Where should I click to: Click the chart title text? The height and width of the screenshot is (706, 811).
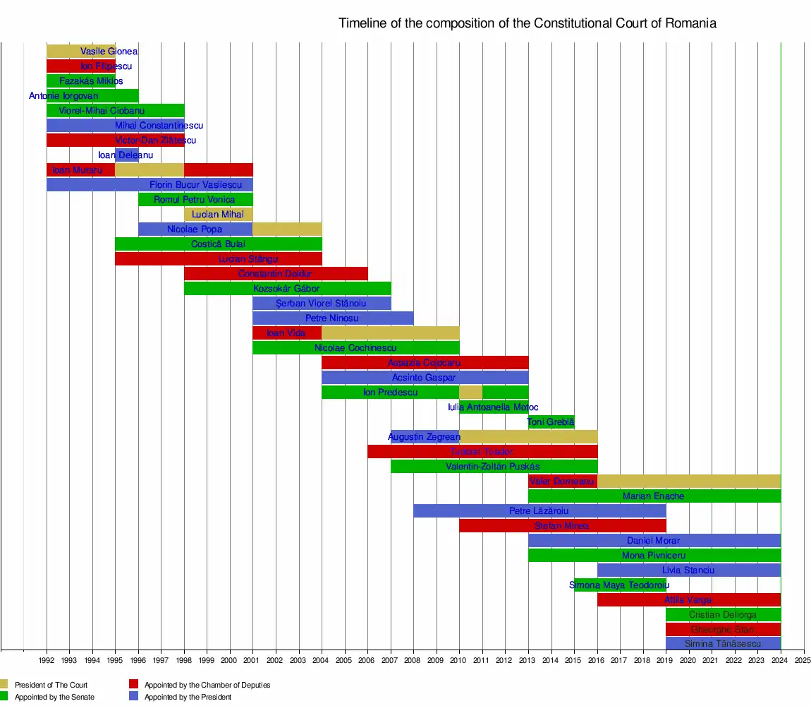tap(527, 23)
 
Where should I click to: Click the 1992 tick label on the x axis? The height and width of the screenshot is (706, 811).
tap(47, 662)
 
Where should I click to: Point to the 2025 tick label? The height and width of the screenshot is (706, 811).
tap(803, 662)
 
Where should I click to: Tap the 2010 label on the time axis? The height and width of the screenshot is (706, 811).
tap(459, 662)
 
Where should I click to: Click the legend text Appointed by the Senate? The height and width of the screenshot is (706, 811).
tap(54, 698)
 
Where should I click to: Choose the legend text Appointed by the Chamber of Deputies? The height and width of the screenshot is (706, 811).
tap(207, 685)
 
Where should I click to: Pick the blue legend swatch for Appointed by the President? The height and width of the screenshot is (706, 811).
tap(133, 698)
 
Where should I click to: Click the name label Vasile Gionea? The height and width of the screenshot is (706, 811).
tap(109, 52)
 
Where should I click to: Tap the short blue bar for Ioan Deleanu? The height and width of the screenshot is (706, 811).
tap(127, 155)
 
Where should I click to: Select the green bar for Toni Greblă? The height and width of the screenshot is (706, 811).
tap(551, 422)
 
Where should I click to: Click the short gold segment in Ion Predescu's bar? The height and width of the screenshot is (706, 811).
tap(470, 393)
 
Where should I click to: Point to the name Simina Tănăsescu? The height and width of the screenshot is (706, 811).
tap(722, 644)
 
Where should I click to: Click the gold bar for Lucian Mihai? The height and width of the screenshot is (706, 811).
tap(218, 215)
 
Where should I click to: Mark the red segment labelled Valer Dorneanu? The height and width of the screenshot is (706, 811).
tap(562, 481)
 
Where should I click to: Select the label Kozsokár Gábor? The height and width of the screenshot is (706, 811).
tap(286, 289)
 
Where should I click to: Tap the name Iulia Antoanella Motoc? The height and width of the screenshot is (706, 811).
tap(493, 407)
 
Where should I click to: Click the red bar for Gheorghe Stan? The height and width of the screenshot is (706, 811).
tap(723, 629)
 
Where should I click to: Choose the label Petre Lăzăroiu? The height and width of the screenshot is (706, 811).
tap(539, 511)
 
